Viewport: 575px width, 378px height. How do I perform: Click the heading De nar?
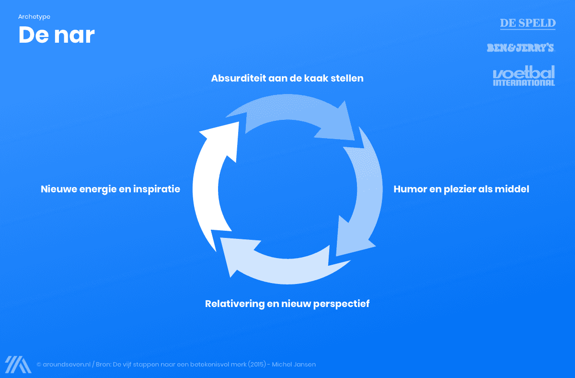[x=57, y=35]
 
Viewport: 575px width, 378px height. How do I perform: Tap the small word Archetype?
[x=34, y=17]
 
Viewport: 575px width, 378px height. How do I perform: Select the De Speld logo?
[x=528, y=23]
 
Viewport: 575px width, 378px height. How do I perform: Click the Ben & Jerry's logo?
[x=520, y=47]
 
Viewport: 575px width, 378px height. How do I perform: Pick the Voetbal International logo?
[x=524, y=76]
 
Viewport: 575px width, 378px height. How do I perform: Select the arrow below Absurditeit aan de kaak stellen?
[x=292, y=113]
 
